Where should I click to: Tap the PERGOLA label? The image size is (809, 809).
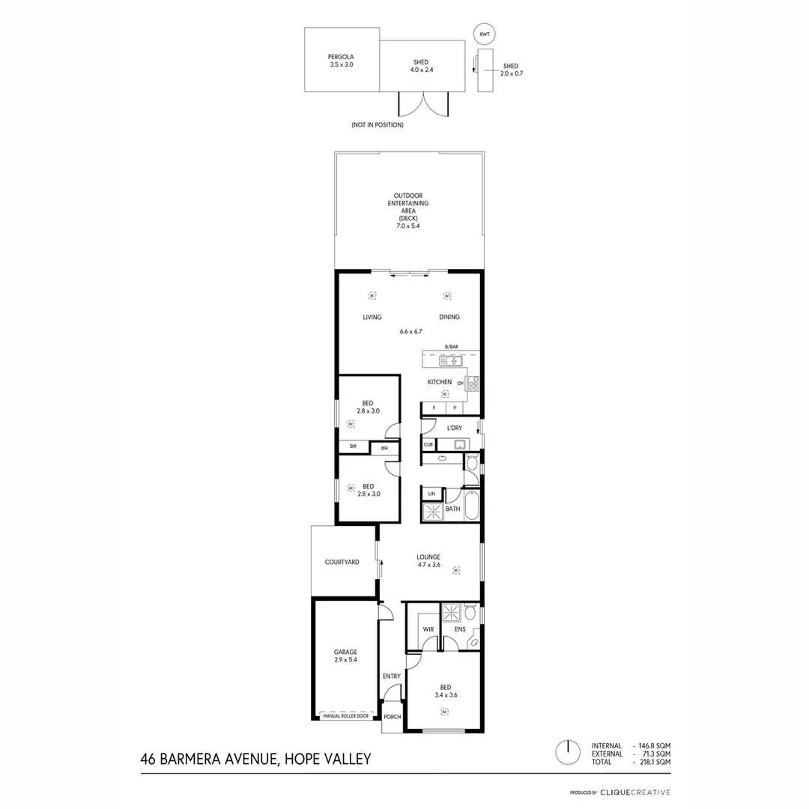[x=341, y=57]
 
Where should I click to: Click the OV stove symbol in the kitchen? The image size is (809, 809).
[x=473, y=384]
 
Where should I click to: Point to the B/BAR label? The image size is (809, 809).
[x=451, y=347]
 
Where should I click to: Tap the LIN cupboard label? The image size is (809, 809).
[x=431, y=494]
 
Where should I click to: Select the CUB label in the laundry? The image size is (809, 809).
[x=428, y=445]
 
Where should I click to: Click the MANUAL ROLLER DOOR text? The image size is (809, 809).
[x=345, y=716]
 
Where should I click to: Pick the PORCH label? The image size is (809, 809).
[x=392, y=717]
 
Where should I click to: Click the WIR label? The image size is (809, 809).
[x=428, y=629]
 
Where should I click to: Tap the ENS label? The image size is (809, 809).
[x=460, y=629]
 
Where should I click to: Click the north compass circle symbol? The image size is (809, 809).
[x=569, y=752]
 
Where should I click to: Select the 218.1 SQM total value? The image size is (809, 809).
[x=655, y=762]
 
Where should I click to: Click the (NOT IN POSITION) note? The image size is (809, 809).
[x=377, y=125]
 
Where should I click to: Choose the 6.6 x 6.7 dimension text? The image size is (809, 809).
[x=411, y=331]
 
